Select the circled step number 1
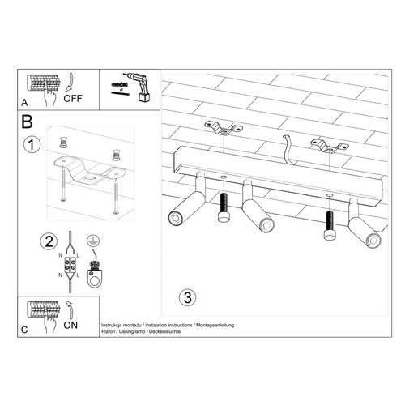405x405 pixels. [30, 146]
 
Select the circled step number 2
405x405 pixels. [51, 241]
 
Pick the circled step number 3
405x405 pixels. [187, 297]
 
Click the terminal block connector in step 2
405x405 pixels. [71, 265]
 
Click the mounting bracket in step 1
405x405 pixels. [89, 171]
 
